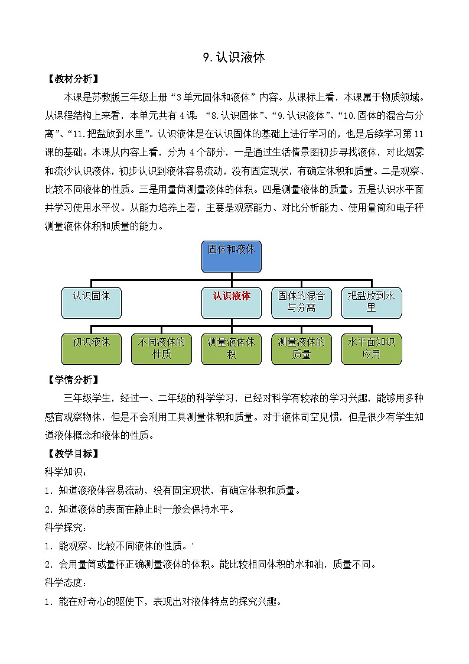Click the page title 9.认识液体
[234, 57]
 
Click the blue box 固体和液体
[231, 256]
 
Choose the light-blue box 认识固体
[92, 302]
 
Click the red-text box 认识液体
[231, 302]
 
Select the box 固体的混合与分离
[301, 302]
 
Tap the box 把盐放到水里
[371, 302]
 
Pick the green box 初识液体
[92, 348]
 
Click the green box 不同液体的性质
[161, 348]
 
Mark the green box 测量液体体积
[231, 348]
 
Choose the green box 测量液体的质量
[301, 348]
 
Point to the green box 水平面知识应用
[371, 348]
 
